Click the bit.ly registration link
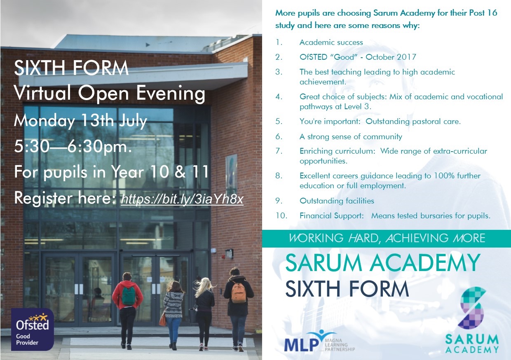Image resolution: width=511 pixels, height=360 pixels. pos(182,199)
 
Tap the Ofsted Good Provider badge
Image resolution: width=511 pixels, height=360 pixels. pos(33,329)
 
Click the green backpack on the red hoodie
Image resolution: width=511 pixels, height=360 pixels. pos(129,295)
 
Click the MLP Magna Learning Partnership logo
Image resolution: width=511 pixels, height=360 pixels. pos(319,341)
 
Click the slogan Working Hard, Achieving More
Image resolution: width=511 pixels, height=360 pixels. pos(387,238)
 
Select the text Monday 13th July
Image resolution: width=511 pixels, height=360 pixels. pos(80,121)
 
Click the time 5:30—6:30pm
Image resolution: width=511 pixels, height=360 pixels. pos(73,146)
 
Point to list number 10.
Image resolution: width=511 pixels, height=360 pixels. pos(281,216)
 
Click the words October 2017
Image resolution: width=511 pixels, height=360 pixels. pos(391,57)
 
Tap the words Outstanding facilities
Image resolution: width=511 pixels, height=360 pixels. pos(337,201)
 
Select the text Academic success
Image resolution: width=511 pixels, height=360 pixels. pos(331,42)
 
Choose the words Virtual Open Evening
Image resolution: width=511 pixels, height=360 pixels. pos(110,94)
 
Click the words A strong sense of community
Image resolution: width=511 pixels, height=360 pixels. pos(351,137)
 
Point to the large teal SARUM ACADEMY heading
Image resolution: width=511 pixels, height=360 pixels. pos(383,263)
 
